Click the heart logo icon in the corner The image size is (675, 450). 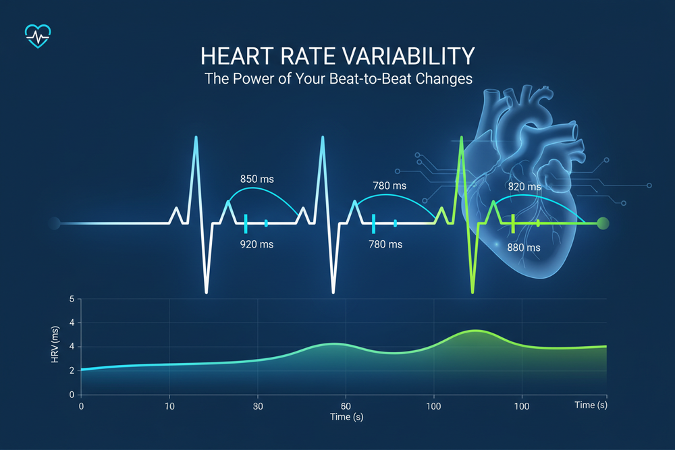[x=36, y=35]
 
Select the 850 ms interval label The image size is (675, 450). [x=257, y=179]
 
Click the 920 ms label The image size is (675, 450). [x=257, y=244]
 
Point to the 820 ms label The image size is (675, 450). [x=524, y=186]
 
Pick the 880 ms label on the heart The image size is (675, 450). [x=524, y=248]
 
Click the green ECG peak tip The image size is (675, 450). [x=461, y=138]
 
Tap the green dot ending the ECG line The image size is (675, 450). [x=603, y=223]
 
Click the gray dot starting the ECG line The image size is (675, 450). [x=54, y=223]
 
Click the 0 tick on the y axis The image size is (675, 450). [x=72, y=394]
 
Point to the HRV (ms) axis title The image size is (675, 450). [x=56, y=347]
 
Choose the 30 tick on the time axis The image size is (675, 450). [x=258, y=406]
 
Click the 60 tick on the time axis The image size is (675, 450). [x=346, y=406]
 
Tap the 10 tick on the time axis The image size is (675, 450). [x=169, y=406]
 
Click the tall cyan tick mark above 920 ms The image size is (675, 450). [x=246, y=223]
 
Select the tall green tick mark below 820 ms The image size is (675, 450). [x=514, y=223]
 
